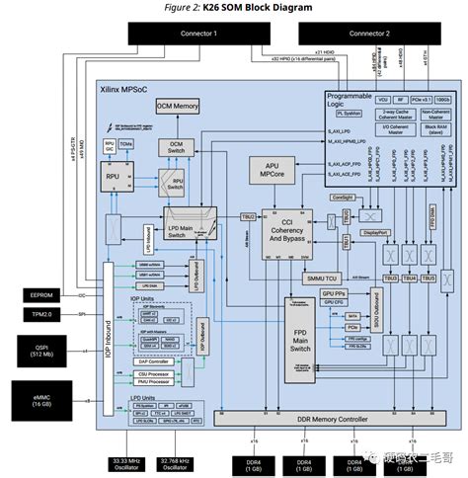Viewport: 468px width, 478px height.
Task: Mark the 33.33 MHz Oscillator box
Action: [x=127, y=461]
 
